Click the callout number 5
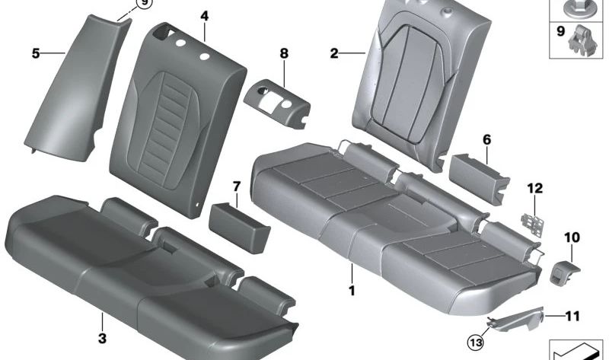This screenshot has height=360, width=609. pyautogui.click(x=36, y=53)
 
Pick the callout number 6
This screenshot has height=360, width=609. pyautogui.click(x=486, y=139)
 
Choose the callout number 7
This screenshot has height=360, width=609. pyautogui.click(x=237, y=186)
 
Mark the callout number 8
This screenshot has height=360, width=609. pyautogui.click(x=284, y=54)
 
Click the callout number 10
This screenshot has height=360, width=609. pyautogui.click(x=571, y=238)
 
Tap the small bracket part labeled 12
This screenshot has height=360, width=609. pyautogui.click(x=530, y=220)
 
